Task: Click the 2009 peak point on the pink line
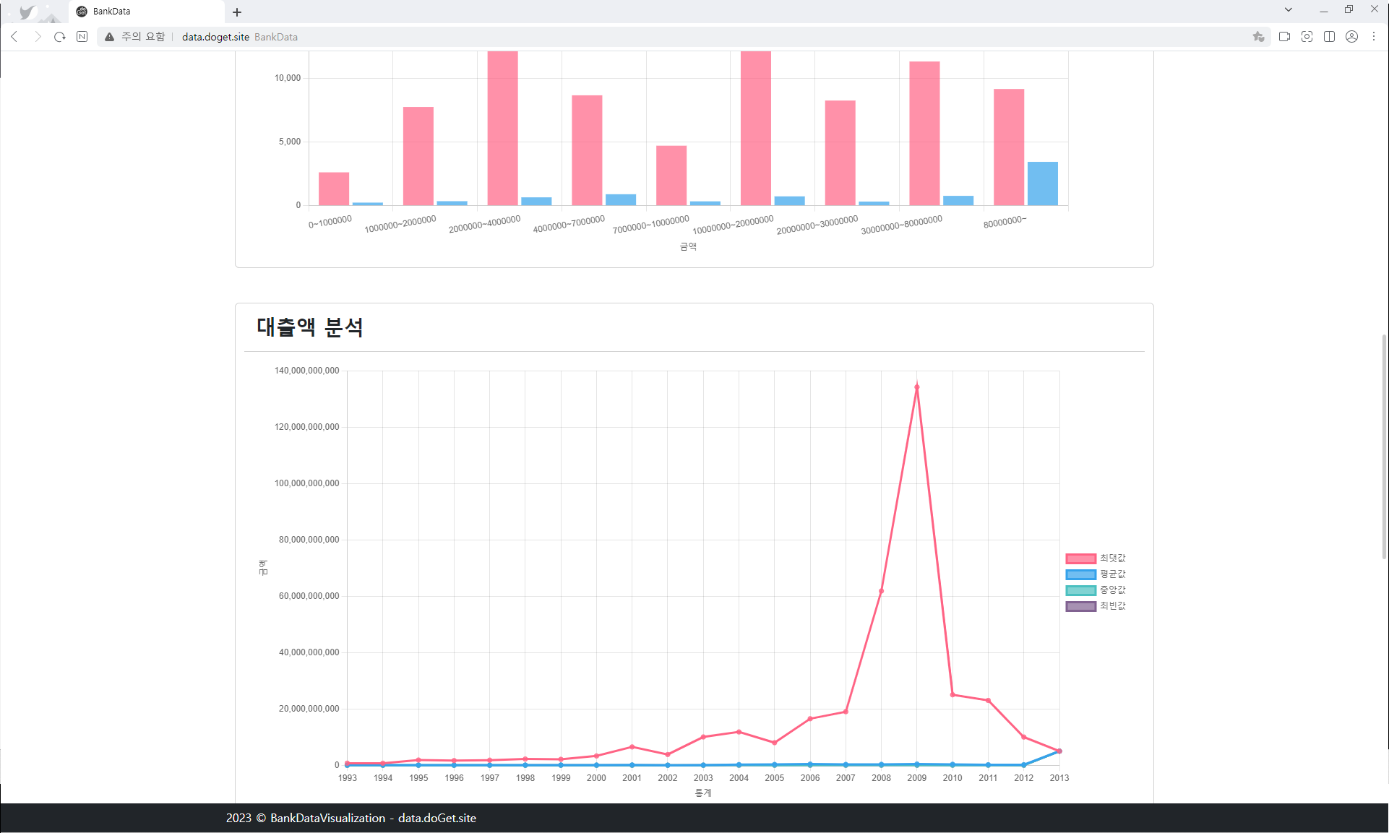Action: (x=916, y=387)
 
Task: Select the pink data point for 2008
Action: (x=881, y=591)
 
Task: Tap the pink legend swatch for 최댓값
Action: (x=1080, y=558)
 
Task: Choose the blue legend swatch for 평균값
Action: (x=1080, y=574)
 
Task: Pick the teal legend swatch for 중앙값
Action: (x=1080, y=590)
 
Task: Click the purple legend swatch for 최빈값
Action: (x=1080, y=606)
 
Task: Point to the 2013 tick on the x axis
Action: (x=1059, y=778)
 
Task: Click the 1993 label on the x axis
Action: (x=348, y=778)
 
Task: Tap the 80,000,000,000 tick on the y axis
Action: (x=309, y=540)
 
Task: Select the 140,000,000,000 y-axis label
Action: (x=306, y=371)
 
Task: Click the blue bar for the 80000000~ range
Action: (x=1042, y=184)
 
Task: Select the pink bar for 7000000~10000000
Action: (x=671, y=176)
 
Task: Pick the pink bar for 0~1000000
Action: (x=334, y=189)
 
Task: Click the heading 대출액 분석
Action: (x=310, y=327)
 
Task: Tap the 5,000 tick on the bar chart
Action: (x=290, y=142)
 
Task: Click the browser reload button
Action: (x=60, y=37)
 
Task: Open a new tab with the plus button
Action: (x=237, y=12)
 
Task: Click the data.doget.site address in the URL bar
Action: (x=215, y=37)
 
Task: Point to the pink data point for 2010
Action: (x=952, y=695)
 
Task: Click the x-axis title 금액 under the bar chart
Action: (x=688, y=247)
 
